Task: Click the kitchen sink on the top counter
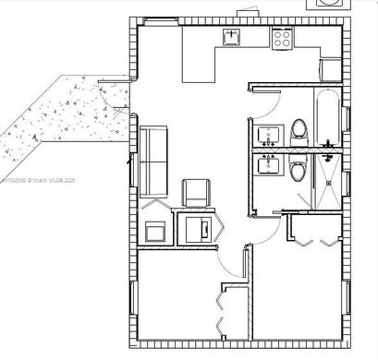[231, 37]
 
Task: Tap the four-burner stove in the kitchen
[282, 39]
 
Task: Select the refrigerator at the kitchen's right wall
[330, 69]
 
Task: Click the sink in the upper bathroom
[269, 135]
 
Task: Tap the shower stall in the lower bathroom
[328, 179]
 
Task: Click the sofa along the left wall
[152, 161]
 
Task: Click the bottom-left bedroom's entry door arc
[232, 268]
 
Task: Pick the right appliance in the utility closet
[198, 228]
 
